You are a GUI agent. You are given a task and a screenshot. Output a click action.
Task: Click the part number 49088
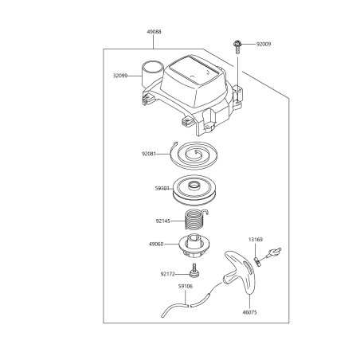[154, 32]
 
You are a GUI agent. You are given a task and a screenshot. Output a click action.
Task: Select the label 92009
[264, 44]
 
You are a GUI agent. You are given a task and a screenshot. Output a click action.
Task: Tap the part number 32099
[120, 76]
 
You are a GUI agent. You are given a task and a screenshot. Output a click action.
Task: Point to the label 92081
[149, 154]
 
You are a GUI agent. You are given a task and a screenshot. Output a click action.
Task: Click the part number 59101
[162, 189]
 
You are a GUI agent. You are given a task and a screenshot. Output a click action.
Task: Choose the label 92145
[163, 221]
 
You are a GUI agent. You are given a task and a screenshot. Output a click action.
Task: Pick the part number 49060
[156, 244]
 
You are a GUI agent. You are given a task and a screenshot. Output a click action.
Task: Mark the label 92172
[167, 274]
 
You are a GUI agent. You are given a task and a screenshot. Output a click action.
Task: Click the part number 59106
[186, 287]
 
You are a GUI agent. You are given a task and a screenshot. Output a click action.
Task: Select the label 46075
[249, 312]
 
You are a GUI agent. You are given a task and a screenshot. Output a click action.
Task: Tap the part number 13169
[256, 240]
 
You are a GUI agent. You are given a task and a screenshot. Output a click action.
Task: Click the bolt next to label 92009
[237, 47]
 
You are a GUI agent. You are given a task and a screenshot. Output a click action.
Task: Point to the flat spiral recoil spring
[194, 155]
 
